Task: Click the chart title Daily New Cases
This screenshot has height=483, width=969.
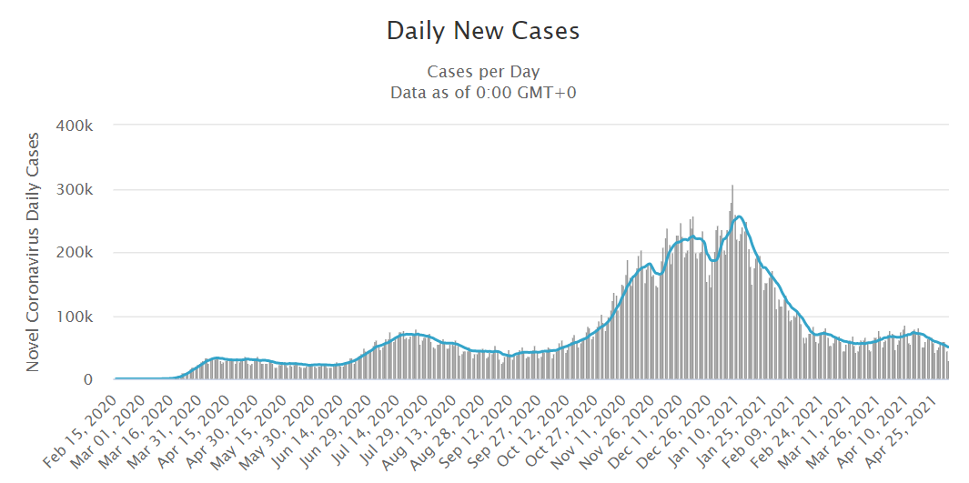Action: [483, 31]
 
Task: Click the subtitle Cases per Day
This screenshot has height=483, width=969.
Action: [483, 72]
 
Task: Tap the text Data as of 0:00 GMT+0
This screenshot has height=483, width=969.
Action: [483, 92]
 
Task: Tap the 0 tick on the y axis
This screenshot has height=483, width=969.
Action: [101, 380]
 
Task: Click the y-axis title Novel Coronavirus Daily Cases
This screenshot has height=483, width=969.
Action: [33, 251]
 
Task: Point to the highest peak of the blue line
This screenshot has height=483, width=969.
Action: [739, 216]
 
